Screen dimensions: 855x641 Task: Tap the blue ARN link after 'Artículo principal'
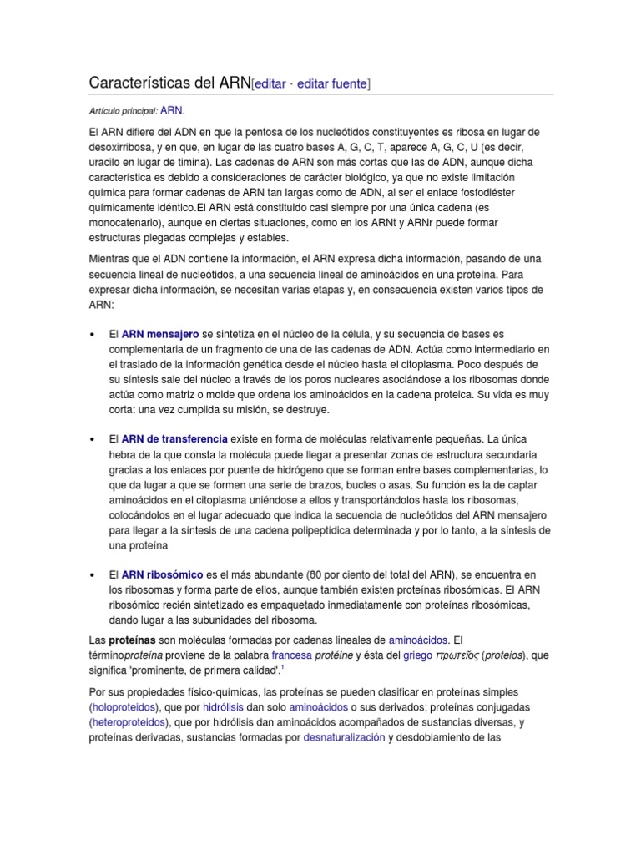[171, 110]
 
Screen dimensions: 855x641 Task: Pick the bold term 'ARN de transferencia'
[174, 439]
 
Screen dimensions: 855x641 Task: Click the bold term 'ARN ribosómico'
[162, 575]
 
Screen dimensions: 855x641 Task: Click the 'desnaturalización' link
[344, 738]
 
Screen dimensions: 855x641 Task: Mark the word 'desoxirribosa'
[122, 146]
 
